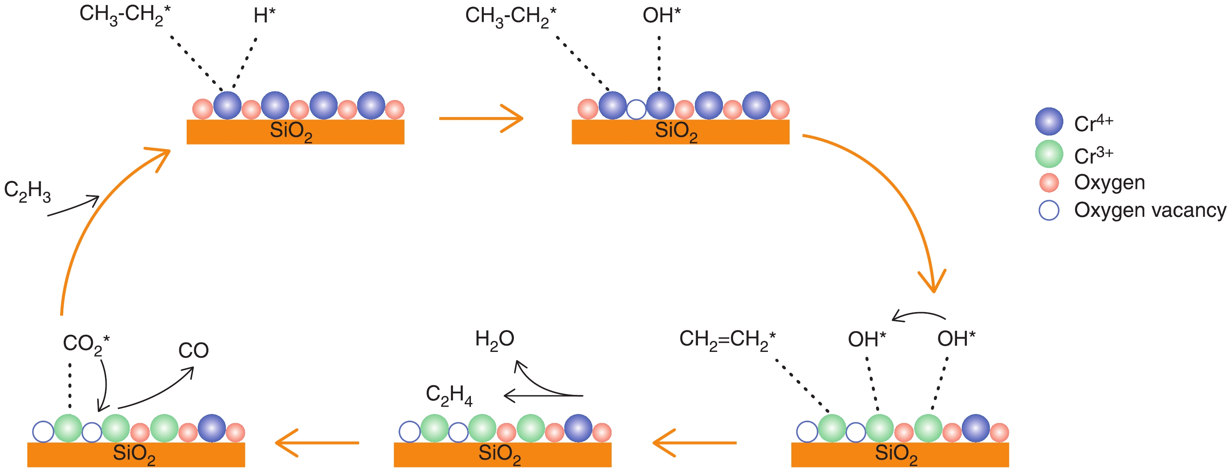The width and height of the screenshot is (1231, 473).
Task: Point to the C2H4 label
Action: pos(449,396)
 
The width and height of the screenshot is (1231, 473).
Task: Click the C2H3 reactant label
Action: pos(27,191)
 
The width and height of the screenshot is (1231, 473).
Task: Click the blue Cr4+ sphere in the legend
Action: pos(1049,121)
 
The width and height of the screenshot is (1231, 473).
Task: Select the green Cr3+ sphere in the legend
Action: pos(1049,154)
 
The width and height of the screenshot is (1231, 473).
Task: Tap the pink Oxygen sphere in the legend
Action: pos(1049,182)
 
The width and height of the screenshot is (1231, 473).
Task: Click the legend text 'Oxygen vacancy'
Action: pos(1150,210)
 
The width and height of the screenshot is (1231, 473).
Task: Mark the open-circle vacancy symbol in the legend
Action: pos(1049,210)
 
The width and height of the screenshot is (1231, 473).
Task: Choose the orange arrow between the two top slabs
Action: pos(481,118)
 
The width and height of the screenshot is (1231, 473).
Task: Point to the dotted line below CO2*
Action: pos(70,386)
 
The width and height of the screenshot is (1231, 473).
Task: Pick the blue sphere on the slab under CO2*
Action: pos(212,428)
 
